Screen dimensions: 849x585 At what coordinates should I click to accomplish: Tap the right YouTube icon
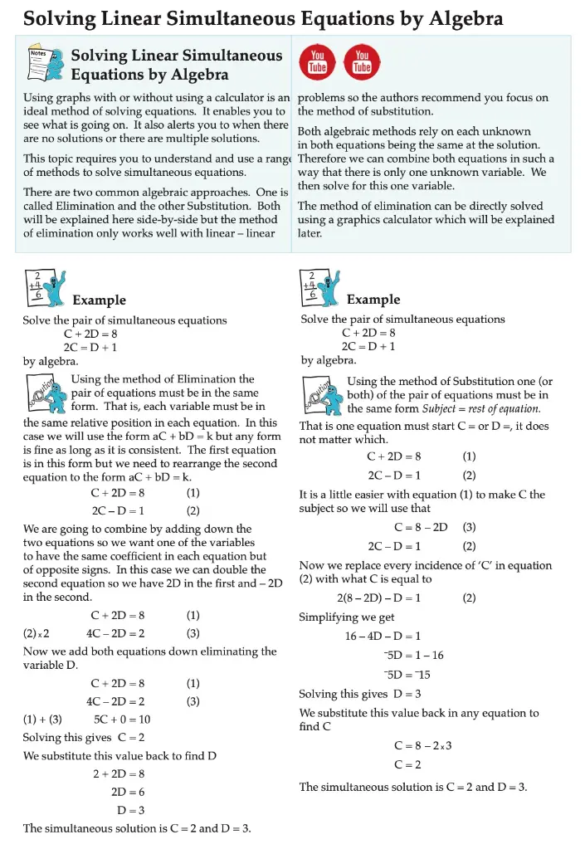(361, 62)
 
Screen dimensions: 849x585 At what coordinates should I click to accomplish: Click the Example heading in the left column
(99, 300)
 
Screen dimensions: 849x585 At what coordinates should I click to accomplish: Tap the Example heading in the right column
(373, 300)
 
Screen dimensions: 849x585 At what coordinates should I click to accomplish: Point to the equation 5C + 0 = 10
(122, 720)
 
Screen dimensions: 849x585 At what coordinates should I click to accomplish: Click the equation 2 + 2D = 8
(119, 773)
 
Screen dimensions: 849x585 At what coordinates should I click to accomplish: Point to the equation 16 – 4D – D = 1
(383, 636)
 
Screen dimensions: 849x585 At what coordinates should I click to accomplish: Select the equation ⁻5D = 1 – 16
(408, 655)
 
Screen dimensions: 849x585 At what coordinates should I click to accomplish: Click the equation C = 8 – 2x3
(422, 745)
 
